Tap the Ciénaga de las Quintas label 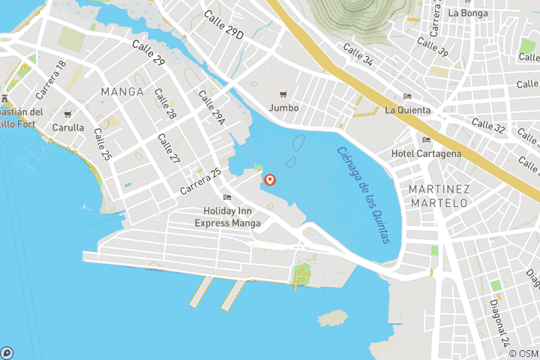(363, 194)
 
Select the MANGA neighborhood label (121, 91)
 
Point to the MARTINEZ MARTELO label (439, 195)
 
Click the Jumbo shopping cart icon (283, 94)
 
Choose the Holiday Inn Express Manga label (228, 217)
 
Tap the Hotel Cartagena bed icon (427, 140)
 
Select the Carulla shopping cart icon (67, 115)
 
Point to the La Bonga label (469, 13)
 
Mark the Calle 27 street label (169, 148)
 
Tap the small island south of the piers (333, 318)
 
